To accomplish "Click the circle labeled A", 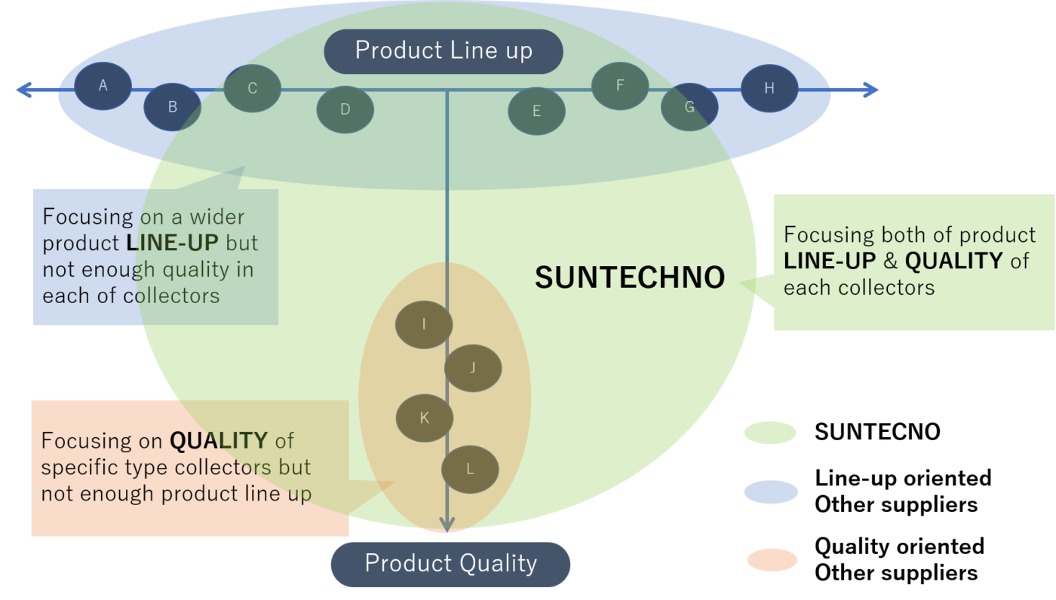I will click(x=103, y=86).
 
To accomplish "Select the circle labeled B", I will click(x=172, y=107).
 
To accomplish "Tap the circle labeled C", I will click(x=252, y=88).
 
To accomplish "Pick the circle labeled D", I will click(x=345, y=109).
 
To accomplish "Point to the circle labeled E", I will click(x=536, y=112).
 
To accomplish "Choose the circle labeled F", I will click(x=619, y=85).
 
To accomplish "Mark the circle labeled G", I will click(x=689, y=107).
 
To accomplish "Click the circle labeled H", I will click(x=769, y=88).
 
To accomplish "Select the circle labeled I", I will click(x=424, y=324).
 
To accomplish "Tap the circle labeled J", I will click(x=472, y=368).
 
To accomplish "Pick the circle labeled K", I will click(x=424, y=418).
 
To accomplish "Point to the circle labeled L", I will click(x=469, y=470).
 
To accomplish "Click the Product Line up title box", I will click(x=444, y=51).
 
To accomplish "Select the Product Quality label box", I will click(x=450, y=564).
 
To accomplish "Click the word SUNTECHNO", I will click(x=629, y=278).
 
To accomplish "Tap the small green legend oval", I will click(x=769, y=433).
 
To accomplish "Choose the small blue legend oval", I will click(x=770, y=492).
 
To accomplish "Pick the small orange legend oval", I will click(x=772, y=560).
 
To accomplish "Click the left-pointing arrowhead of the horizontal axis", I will click(x=22, y=90).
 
